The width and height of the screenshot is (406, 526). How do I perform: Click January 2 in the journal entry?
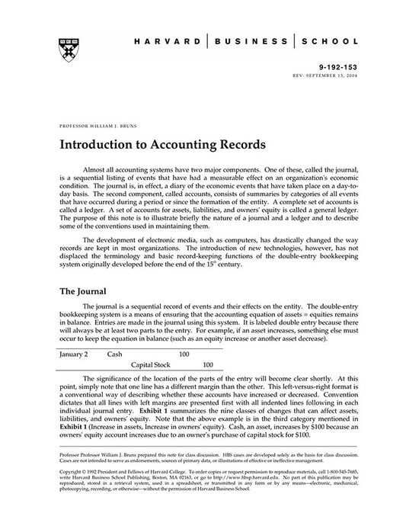[x=73, y=354]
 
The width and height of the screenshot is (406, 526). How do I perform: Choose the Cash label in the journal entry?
[x=115, y=354]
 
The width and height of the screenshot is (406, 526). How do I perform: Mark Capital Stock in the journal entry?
[x=154, y=365]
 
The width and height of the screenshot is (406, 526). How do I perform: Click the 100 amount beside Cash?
[x=184, y=354]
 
